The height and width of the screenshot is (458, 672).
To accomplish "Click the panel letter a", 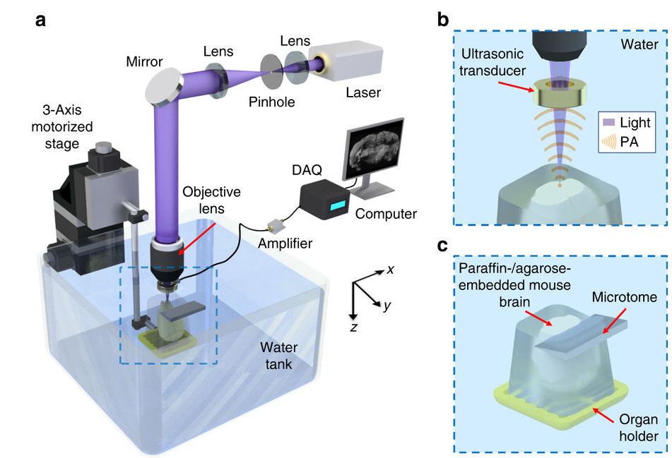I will coord(41,19).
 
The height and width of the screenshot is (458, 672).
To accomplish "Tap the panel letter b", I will coord(443,19).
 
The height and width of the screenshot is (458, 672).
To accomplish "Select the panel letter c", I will coord(442,246).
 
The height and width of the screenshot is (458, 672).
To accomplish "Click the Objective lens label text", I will coord(212,199).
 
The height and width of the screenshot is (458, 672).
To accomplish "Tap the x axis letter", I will coord(389,270).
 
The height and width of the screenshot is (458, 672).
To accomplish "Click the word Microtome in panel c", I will coord(626,298).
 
